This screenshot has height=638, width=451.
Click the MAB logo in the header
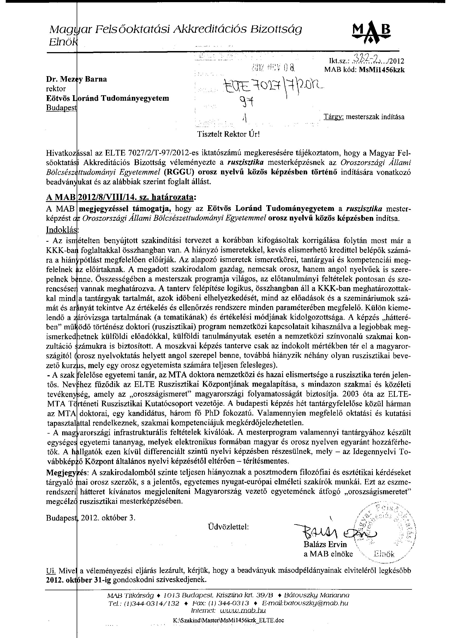pos(371,34)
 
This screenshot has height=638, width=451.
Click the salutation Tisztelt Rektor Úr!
pos(228,135)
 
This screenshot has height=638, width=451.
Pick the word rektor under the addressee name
pos(56,89)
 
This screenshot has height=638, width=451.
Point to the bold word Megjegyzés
pos(67,472)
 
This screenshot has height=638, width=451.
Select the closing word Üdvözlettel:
pos(228,527)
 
